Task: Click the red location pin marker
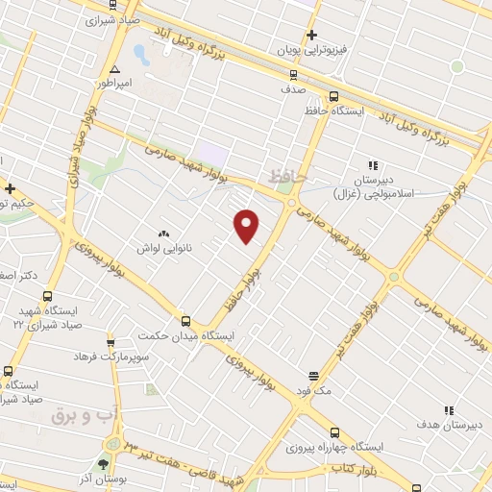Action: [247, 226]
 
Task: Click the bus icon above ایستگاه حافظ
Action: [332, 96]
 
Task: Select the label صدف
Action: [293, 87]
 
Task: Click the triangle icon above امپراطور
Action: [114, 69]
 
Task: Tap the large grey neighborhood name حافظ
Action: [286, 177]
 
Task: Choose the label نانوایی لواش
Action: [166, 248]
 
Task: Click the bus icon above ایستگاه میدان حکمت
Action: [185, 321]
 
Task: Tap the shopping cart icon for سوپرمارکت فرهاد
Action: [111, 342]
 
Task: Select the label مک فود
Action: [313, 390]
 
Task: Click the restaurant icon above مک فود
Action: [313, 376]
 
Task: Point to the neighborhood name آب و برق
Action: [84, 416]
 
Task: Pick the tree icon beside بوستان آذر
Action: [104, 464]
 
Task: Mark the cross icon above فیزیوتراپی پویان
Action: [312, 36]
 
